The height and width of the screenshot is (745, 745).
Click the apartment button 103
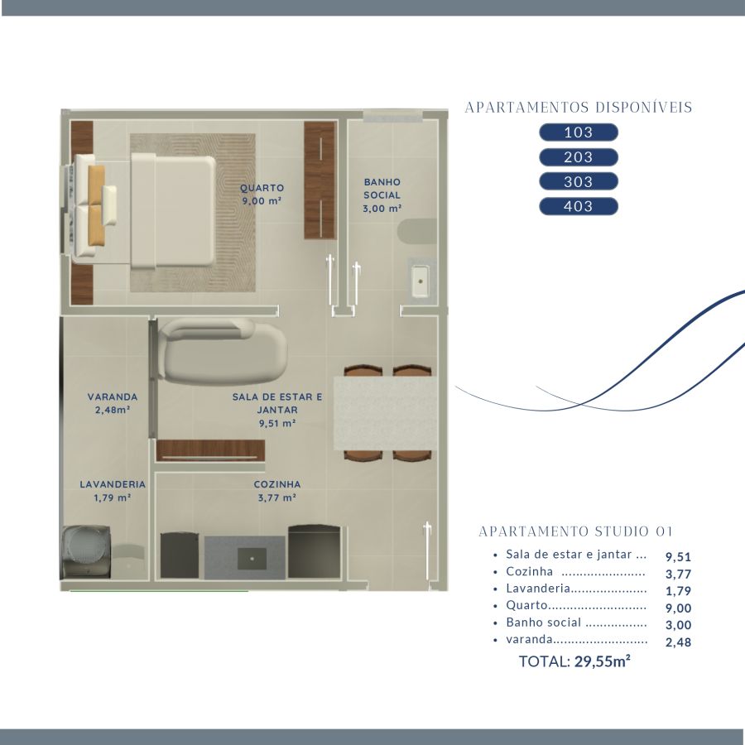579,132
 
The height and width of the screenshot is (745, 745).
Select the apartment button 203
579,156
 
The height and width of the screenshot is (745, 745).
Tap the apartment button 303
579,181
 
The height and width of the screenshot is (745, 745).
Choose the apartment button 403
579,206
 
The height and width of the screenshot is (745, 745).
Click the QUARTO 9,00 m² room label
262,195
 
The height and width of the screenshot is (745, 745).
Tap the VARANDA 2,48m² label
113,403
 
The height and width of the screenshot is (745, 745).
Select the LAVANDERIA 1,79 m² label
113,491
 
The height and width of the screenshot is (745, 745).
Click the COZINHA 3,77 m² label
277,491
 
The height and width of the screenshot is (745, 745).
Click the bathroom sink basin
420,281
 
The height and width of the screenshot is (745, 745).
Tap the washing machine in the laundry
86,551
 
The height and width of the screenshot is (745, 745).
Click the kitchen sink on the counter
252,559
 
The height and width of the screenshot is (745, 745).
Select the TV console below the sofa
210,450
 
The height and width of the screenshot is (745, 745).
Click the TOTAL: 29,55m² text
574,661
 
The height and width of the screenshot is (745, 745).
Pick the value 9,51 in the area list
678,556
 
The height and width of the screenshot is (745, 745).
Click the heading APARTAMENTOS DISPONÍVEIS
579,108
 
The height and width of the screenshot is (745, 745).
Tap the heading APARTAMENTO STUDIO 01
575,531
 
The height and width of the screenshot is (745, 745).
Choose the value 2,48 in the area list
678,642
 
